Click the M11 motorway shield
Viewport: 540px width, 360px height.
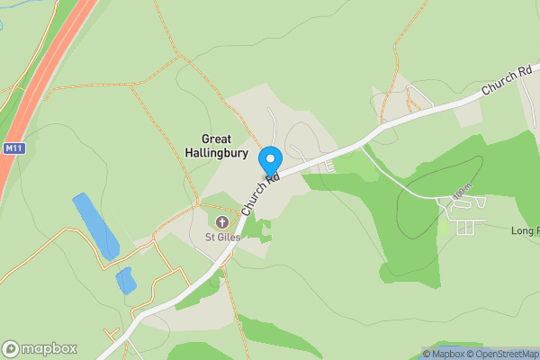tap(12, 148)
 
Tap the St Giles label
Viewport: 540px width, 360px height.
tap(220, 238)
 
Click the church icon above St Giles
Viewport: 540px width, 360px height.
tap(221, 221)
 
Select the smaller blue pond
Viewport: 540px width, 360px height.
tap(126, 281)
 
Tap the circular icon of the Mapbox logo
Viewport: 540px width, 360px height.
tap(12, 348)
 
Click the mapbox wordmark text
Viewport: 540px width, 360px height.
tap(49, 348)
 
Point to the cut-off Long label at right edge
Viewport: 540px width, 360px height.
tap(527, 231)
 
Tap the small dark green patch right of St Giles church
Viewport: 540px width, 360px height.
tap(256, 229)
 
